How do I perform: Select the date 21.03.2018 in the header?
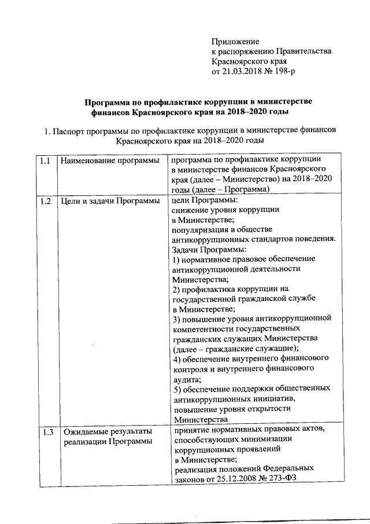pos(243,71)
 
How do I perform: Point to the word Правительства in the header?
pos(306,51)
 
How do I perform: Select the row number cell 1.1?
pos(47,159)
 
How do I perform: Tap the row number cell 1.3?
pos(47,431)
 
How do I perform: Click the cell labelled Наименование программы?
pos(110,159)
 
